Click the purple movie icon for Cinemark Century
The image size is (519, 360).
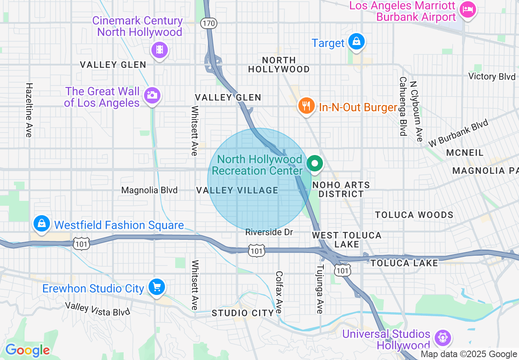[160, 50]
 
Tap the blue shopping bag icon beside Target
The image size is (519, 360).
[357, 42]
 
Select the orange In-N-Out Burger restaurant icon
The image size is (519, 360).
[306, 106]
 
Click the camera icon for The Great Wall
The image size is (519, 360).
[152, 96]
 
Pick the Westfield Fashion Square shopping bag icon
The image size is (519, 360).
[42, 223]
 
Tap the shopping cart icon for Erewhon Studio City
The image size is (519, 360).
[156, 287]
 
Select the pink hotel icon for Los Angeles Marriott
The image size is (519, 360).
[467, 9]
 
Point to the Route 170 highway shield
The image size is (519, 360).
[208, 23]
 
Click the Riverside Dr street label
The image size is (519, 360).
[269, 232]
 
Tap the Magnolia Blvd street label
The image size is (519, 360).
[149, 190]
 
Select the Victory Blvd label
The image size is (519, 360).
[492, 76]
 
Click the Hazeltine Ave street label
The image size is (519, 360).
[29, 110]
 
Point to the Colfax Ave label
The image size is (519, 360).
[279, 292]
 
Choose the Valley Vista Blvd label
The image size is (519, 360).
[97, 309]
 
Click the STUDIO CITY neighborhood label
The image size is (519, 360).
[243, 313]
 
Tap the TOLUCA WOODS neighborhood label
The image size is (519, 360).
[414, 215]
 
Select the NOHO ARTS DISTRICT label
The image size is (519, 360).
[341, 189]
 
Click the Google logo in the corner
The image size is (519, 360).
[27, 350]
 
